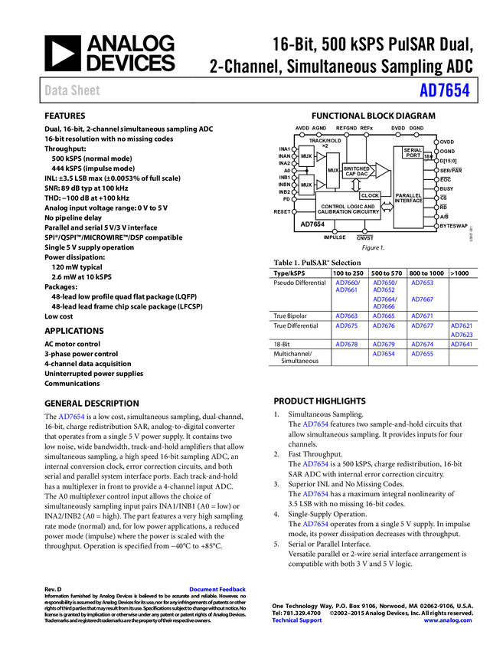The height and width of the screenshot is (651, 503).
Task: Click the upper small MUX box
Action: click(306, 156)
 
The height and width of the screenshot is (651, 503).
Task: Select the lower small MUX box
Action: click(306, 185)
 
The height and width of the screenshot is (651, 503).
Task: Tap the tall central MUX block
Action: click(333, 170)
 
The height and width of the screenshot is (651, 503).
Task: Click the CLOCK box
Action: click(370, 196)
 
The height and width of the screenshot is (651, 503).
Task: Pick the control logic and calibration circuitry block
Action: click(354, 209)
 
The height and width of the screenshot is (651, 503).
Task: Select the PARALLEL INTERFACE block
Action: click(408, 200)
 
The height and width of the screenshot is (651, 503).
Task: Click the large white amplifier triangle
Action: click(381, 170)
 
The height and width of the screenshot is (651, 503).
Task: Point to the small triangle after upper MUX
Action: click(320, 156)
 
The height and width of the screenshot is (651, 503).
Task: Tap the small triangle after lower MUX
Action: click(320, 185)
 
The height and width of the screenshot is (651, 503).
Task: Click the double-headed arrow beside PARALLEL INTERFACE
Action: click(387, 206)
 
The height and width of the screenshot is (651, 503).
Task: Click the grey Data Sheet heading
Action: click(73, 90)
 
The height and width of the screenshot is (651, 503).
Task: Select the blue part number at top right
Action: click(444, 90)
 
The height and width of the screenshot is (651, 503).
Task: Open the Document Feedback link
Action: click(218, 590)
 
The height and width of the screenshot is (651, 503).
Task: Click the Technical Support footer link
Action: click(297, 620)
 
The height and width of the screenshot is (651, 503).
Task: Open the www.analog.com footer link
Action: click(448, 620)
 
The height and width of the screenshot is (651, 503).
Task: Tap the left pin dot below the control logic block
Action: click(334, 231)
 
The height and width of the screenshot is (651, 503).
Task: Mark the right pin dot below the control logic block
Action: click(364, 231)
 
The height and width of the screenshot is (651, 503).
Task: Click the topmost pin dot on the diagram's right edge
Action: click(436, 142)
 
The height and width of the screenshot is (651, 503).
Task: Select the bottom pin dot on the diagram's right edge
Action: click(436, 226)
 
